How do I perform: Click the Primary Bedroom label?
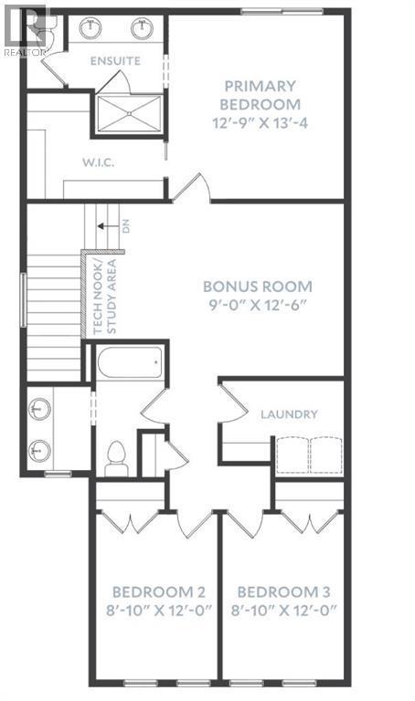pyautogui.click(x=261, y=95)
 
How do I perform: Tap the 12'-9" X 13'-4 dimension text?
pyautogui.click(x=261, y=123)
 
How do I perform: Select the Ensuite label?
pyautogui.click(x=115, y=61)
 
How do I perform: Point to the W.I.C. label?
pyautogui.click(x=98, y=162)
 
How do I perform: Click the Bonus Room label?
pyautogui.click(x=258, y=287)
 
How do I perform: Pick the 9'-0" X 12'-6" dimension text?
pyautogui.click(x=258, y=306)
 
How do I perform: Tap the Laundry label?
pyautogui.click(x=289, y=414)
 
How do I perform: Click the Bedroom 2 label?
pyautogui.click(x=159, y=592)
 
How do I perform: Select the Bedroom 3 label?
pyautogui.click(x=284, y=592)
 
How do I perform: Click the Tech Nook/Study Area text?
pyautogui.click(x=105, y=297)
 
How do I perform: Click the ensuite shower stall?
pyautogui.click(x=130, y=113)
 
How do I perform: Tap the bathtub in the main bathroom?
pyautogui.click(x=130, y=362)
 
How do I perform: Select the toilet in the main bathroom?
pyautogui.click(x=116, y=459)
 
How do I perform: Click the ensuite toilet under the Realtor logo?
pyautogui.click(x=51, y=26)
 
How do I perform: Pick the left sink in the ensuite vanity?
pyautogui.click(x=90, y=27)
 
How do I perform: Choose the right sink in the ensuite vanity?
pyautogui.click(x=143, y=27)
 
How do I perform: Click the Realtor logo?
pyautogui.click(x=25, y=30)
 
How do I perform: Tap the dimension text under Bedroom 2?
pyautogui.click(x=159, y=611)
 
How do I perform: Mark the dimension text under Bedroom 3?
pyautogui.click(x=284, y=611)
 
